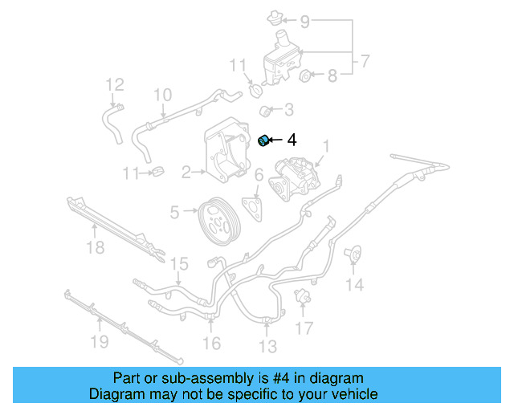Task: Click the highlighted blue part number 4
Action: tap(263, 141)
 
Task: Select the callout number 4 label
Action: tap(292, 140)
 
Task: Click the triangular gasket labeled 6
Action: tap(255, 206)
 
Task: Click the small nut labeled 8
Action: tap(305, 76)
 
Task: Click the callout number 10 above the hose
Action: tap(162, 95)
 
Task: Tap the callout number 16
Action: tap(211, 344)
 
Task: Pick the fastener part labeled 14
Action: tap(352, 255)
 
